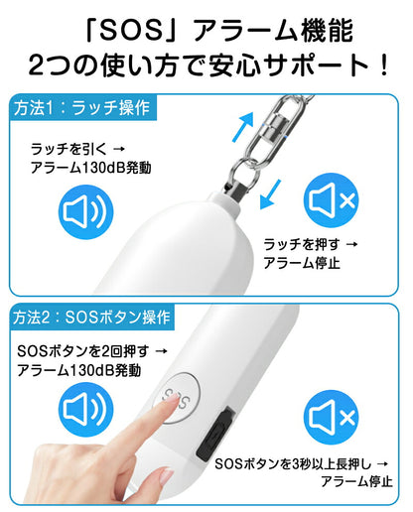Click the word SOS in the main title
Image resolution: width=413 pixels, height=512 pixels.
click(x=131, y=31)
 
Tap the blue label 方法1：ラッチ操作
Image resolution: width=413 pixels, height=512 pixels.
click(x=82, y=108)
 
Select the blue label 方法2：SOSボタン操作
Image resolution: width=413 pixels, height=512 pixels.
click(x=91, y=318)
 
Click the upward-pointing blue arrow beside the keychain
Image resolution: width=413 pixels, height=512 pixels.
click(x=243, y=127)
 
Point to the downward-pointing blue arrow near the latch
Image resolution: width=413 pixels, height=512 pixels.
click(x=270, y=194)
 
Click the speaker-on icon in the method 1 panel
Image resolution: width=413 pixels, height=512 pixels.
click(x=85, y=212)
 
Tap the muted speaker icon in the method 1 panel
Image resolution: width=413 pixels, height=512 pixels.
click(x=332, y=200)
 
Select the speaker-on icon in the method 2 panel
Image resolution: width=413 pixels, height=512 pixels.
click(x=85, y=409)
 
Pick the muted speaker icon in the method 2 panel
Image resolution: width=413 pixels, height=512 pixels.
click(x=332, y=417)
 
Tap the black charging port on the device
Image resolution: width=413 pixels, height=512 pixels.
click(x=216, y=433)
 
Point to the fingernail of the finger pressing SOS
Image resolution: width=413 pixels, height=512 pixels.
click(x=171, y=401)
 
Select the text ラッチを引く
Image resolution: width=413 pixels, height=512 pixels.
click(x=69, y=149)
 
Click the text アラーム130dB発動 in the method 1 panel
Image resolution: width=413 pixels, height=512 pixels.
click(x=90, y=168)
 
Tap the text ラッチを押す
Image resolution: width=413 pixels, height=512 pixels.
click(x=302, y=245)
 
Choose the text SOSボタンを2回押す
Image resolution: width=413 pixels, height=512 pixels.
click(x=83, y=351)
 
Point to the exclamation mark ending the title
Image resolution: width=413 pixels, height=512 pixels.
click(x=384, y=65)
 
